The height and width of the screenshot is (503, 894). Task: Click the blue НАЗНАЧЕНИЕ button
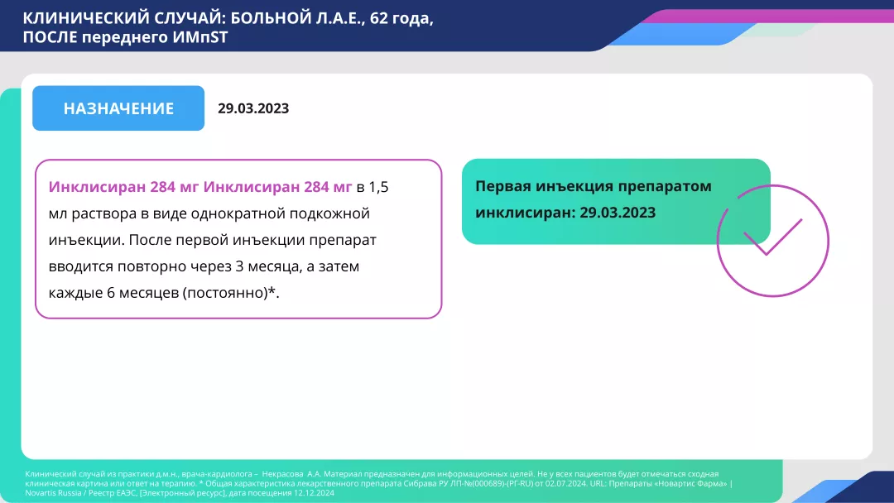(x=118, y=108)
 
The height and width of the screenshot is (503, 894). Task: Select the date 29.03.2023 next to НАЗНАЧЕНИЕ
(x=253, y=108)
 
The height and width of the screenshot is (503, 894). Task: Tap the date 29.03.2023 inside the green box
(x=618, y=213)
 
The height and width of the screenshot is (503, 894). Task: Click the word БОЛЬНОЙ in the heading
(x=243, y=18)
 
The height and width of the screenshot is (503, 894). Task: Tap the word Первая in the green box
(x=502, y=186)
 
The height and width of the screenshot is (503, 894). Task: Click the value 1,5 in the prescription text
(x=378, y=188)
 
